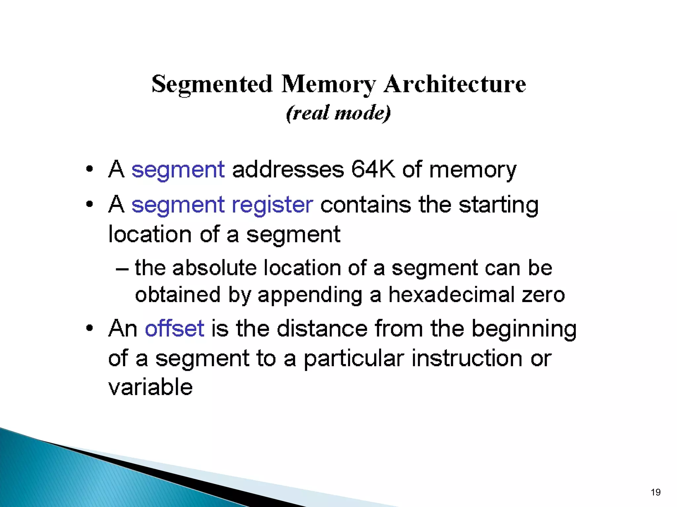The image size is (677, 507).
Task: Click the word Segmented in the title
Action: pos(212,84)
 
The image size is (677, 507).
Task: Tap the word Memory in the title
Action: pos(329,84)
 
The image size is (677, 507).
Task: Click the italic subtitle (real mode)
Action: pos(338,113)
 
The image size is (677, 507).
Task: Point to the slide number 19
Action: pos(656,492)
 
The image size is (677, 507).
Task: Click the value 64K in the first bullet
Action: pos(373,169)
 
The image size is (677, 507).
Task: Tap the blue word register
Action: pos(272,205)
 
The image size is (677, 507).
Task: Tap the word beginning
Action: pos(524,329)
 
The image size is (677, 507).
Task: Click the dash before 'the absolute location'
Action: pos(122,269)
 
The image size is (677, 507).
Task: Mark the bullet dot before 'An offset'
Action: pos(89,328)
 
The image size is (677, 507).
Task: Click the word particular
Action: pos(354,359)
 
